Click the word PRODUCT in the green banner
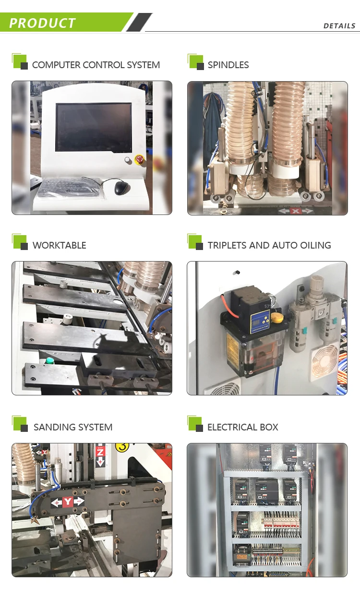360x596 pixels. click(x=42, y=23)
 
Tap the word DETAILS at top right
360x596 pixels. click(x=339, y=26)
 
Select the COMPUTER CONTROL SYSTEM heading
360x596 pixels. click(x=96, y=65)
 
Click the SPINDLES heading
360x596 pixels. click(x=228, y=65)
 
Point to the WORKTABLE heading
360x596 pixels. click(x=59, y=245)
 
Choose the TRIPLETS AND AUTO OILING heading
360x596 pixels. click(x=269, y=245)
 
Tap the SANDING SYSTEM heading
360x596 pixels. click(x=72, y=427)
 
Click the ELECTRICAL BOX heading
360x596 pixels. click(x=242, y=427)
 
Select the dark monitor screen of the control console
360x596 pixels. click(x=93, y=127)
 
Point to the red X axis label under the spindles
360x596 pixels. click(x=296, y=211)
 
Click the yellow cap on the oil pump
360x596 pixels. click(x=276, y=317)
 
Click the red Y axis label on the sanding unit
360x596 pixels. click(x=68, y=502)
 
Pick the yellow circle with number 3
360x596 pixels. click(x=122, y=446)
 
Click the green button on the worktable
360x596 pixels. click(x=49, y=361)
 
